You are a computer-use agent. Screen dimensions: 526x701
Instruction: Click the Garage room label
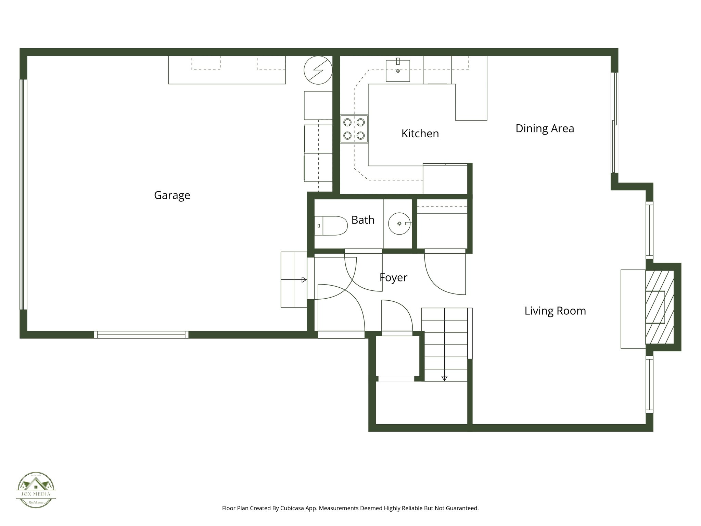tap(172, 195)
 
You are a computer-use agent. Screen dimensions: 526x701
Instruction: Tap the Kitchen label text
tap(420, 134)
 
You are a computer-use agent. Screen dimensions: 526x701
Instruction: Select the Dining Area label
tap(545, 128)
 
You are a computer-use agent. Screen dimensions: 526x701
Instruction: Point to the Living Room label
tap(555, 311)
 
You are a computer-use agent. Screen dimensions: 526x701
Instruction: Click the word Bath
tap(363, 220)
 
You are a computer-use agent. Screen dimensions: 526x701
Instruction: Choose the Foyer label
tap(393, 277)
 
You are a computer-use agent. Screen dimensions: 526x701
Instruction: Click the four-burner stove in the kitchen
tap(354, 129)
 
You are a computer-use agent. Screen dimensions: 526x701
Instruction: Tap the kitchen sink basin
tap(398, 71)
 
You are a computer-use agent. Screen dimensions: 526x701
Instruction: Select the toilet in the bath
tap(331, 226)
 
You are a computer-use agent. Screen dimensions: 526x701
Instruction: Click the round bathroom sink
tap(399, 224)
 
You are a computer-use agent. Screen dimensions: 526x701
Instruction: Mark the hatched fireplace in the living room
tap(659, 307)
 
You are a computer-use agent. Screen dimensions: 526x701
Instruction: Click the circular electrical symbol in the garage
tap(318, 70)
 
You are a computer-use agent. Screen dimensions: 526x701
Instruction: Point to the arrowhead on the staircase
tap(444, 378)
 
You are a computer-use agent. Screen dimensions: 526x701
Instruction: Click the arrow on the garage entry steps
tap(303, 280)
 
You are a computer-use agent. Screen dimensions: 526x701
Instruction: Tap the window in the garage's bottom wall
tap(141, 335)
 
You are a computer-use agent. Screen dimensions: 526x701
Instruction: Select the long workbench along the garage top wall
tap(227, 70)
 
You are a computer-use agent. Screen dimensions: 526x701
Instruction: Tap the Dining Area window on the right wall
tap(615, 123)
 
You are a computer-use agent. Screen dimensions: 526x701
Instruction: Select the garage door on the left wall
tap(23, 194)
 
